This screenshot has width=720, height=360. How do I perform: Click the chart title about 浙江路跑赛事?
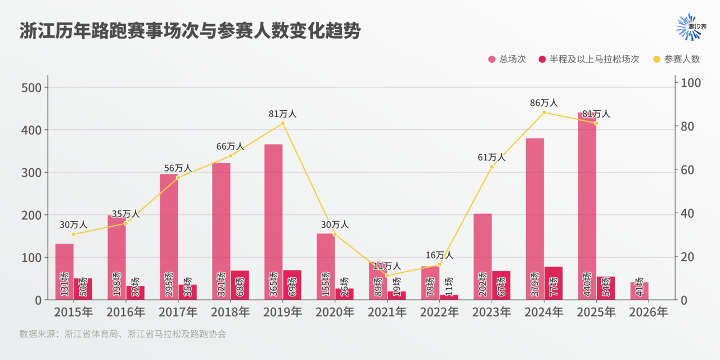click(x=190, y=31)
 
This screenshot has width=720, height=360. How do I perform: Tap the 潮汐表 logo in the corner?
click(x=691, y=27)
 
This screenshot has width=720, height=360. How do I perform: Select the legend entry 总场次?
click(x=507, y=59)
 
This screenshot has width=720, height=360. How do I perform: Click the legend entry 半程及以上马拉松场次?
click(x=588, y=59)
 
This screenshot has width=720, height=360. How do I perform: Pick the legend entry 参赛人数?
click(x=676, y=59)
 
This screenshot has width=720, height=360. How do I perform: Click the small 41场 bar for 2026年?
click(x=639, y=291)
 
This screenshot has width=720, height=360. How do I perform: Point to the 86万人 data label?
click(x=543, y=103)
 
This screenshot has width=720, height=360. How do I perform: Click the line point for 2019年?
click(x=282, y=124)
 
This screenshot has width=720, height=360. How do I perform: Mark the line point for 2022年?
click(x=439, y=265)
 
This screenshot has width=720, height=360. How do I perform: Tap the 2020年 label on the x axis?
click(x=335, y=312)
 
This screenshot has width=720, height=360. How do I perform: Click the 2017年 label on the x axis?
click(x=178, y=312)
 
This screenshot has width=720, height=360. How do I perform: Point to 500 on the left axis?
click(x=31, y=88)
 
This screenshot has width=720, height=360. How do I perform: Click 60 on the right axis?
click(x=688, y=170)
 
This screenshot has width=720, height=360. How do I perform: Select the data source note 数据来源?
click(x=123, y=334)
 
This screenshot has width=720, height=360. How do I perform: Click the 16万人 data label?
click(x=439, y=255)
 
